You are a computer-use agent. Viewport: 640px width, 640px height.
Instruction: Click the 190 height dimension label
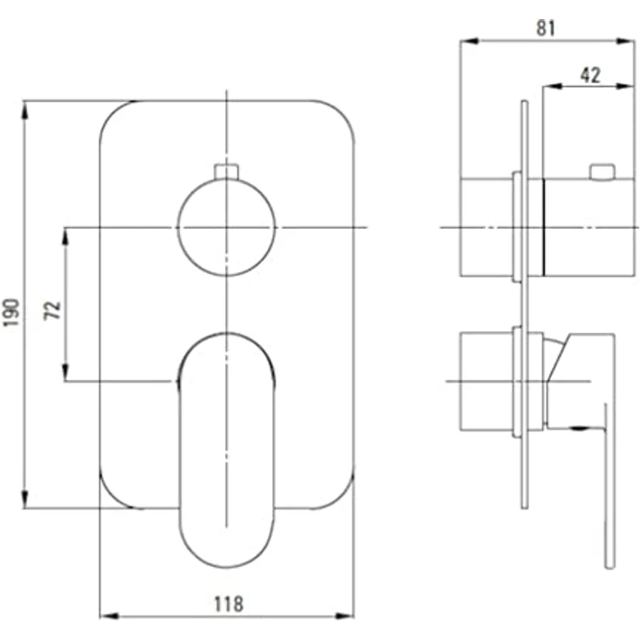(11, 312)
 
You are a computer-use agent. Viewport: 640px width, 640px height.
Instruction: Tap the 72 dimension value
(52, 310)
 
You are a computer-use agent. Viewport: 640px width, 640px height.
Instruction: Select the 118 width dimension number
(229, 604)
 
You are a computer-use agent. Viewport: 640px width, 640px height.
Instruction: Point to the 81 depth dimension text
(546, 28)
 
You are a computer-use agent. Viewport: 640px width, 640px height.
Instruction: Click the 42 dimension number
(590, 75)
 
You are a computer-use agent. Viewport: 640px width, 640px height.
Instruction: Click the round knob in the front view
(227, 228)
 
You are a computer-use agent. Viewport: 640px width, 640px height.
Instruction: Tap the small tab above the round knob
(227, 171)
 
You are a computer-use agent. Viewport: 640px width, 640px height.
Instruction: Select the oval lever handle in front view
(227, 450)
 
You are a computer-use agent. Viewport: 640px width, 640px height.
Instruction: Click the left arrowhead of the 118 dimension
(110, 616)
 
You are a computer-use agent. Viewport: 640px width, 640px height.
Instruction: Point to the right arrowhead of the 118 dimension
(344, 616)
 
